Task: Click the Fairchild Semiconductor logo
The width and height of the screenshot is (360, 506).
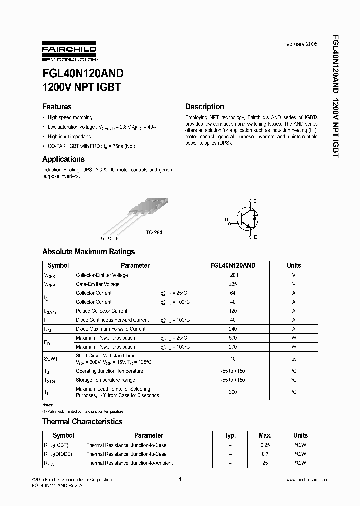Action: [69, 52]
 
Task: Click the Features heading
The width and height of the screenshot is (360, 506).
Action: [57, 107]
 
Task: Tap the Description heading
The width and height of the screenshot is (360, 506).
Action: [205, 107]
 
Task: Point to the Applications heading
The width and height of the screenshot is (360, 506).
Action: [63, 159]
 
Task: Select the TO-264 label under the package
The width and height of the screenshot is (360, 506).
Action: [154, 233]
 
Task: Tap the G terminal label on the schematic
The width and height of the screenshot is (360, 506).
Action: [226, 219]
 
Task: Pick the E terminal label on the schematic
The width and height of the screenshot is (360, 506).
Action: [255, 237]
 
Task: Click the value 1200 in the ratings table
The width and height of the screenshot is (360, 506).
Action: [233, 275]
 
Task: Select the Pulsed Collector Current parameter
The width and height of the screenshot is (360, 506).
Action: [101, 311]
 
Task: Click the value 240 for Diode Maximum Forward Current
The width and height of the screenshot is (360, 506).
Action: [233, 329]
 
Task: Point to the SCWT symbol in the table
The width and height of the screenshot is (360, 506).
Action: [51, 358]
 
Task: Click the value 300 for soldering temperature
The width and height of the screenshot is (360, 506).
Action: [233, 392]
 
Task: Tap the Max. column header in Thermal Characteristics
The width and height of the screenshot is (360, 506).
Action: [265, 435]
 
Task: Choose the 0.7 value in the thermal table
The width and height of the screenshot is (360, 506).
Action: [265, 454]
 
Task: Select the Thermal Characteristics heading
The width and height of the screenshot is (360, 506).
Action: [82, 422]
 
